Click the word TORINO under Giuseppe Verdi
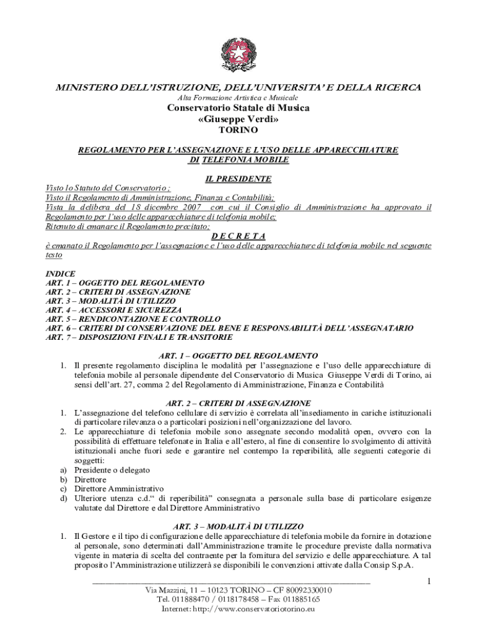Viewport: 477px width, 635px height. point(239,131)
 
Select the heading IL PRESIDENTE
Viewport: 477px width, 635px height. point(239,179)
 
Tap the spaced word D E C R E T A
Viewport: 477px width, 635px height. point(239,236)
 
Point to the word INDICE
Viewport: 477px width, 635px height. point(61,273)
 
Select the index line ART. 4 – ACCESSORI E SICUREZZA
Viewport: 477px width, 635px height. point(114,309)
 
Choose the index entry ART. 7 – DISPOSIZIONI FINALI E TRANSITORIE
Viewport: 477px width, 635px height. point(139,337)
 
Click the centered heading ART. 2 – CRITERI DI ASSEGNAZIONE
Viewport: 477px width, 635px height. point(239,403)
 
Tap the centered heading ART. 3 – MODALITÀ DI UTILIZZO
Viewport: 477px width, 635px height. point(239,525)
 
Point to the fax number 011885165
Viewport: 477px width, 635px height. point(297,600)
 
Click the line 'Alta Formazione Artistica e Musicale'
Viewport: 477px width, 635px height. point(239,98)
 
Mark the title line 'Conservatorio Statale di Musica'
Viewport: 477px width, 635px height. point(239,109)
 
